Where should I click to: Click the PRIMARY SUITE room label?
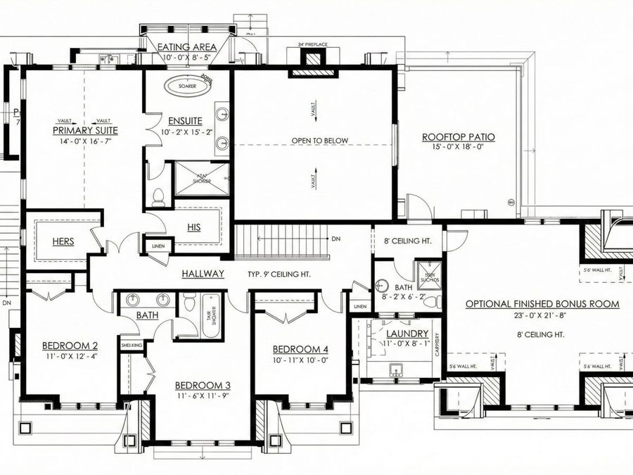click(x=85, y=130)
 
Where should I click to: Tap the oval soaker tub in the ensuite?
click(x=188, y=86)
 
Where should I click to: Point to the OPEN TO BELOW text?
click(x=320, y=141)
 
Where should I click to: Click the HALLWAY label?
click(x=203, y=274)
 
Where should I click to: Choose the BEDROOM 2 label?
click(x=70, y=346)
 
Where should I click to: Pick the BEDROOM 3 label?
click(x=203, y=385)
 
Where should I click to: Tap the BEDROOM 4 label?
click(x=300, y=350)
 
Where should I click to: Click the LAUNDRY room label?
click(x=407, y=333)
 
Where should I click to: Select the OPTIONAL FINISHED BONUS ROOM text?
click(x=542, y=304)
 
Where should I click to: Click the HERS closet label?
click(x=63, y=241)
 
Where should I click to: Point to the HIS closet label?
click(x=194, y=227)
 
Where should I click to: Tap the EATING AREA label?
click(x=186, y=47)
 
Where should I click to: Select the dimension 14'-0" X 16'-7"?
click(x=85, y=141)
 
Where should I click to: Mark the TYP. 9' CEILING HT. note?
click(x=279, y=274)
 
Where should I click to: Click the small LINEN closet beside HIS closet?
click(x=157, y=246)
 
